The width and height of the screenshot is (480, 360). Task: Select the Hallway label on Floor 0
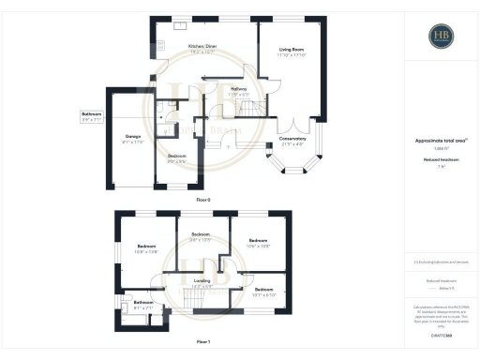click(239, 92)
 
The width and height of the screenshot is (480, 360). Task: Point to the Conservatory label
click(292, 141)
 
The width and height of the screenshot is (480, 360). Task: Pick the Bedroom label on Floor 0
click(176, 157)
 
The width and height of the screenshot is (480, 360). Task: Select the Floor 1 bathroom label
click(142, 305)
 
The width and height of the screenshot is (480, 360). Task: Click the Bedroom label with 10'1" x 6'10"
click(263, 292)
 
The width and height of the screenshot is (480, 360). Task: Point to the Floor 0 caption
click(202, 200)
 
